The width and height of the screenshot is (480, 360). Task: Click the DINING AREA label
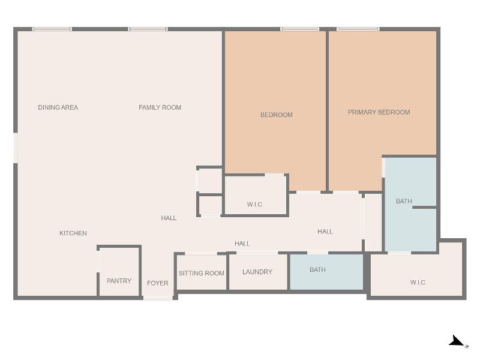(x=58, y=107)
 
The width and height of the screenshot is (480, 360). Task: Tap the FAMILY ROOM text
(x=160, y=107)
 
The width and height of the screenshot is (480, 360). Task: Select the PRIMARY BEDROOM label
(x=379, y=112)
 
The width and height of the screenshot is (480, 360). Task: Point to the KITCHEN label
(x=73, y=233)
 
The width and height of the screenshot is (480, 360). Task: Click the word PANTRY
(x=119, y=281)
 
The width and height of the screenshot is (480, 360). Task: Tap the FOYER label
(x=158, y=283)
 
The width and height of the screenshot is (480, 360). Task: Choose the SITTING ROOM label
(x=202, y=274)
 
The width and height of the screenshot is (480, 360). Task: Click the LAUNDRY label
(x=257, y=272)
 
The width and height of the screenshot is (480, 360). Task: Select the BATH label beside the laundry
(x=317, y=269)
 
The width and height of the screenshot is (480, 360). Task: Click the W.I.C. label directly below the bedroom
(x=256, y=205)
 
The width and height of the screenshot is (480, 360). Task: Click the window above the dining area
(x=52, y=29)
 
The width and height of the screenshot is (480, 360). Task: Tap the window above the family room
(x=148, y=29)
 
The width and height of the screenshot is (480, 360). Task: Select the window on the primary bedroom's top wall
(x=358, y=29)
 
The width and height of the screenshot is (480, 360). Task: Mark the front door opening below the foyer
(x=158, y=298)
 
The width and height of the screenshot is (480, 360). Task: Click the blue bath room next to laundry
(x=326, y=272)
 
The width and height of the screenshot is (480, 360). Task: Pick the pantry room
(x=119, y=272)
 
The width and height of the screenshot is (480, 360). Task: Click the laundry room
(x=258, y=272)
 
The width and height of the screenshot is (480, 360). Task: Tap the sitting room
(x=202, y=272)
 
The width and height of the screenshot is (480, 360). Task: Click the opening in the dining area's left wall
(x=16, y=148)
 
